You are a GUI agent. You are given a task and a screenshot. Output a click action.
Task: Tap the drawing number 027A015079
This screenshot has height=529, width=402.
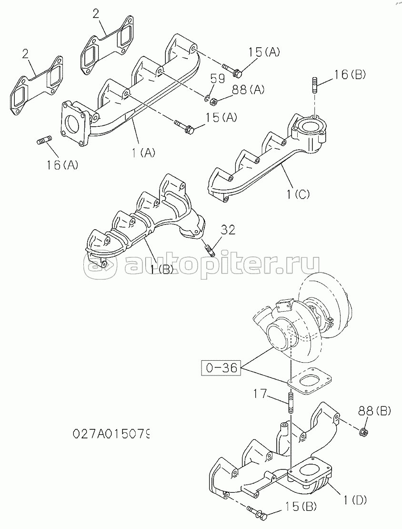[x=112, y=434]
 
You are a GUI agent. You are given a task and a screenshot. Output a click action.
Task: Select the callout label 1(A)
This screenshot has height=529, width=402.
[x=143, y=153]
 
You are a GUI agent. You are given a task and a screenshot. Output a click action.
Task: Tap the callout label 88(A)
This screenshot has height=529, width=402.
[x=248, y=90]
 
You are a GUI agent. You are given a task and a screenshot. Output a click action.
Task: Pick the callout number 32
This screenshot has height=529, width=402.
[x=228, y=231]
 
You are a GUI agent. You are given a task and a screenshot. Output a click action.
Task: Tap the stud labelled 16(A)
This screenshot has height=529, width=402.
[x=44, y=141]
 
